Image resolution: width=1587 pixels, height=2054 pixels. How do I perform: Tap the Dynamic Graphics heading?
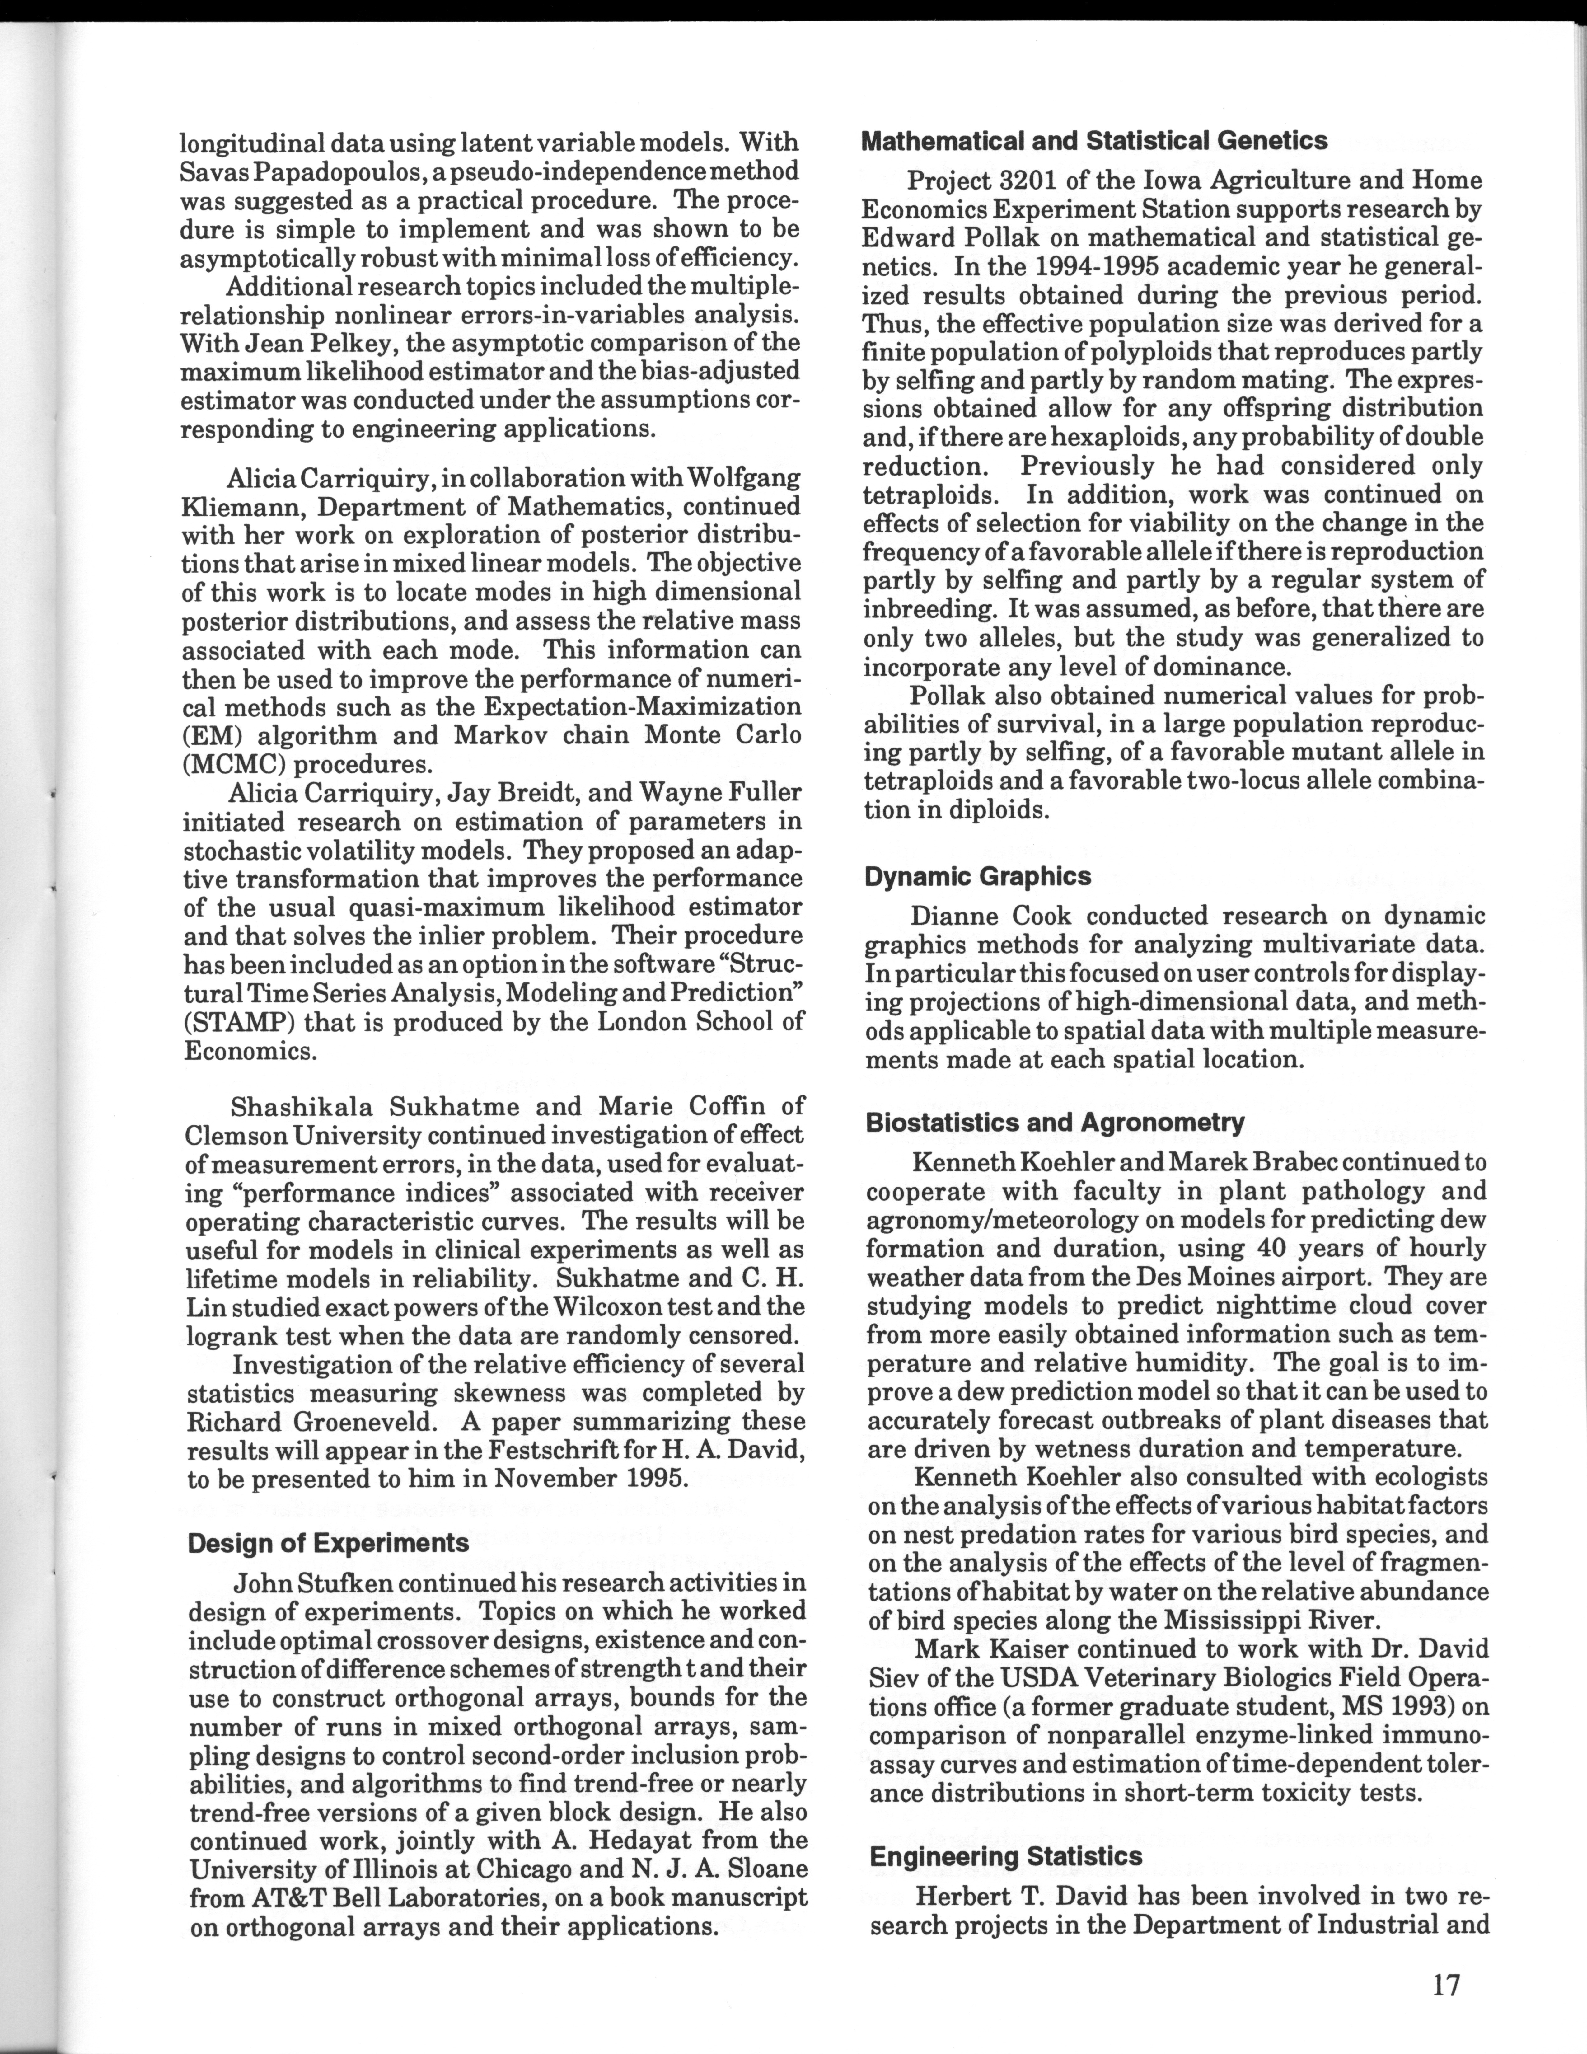[978, 876]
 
